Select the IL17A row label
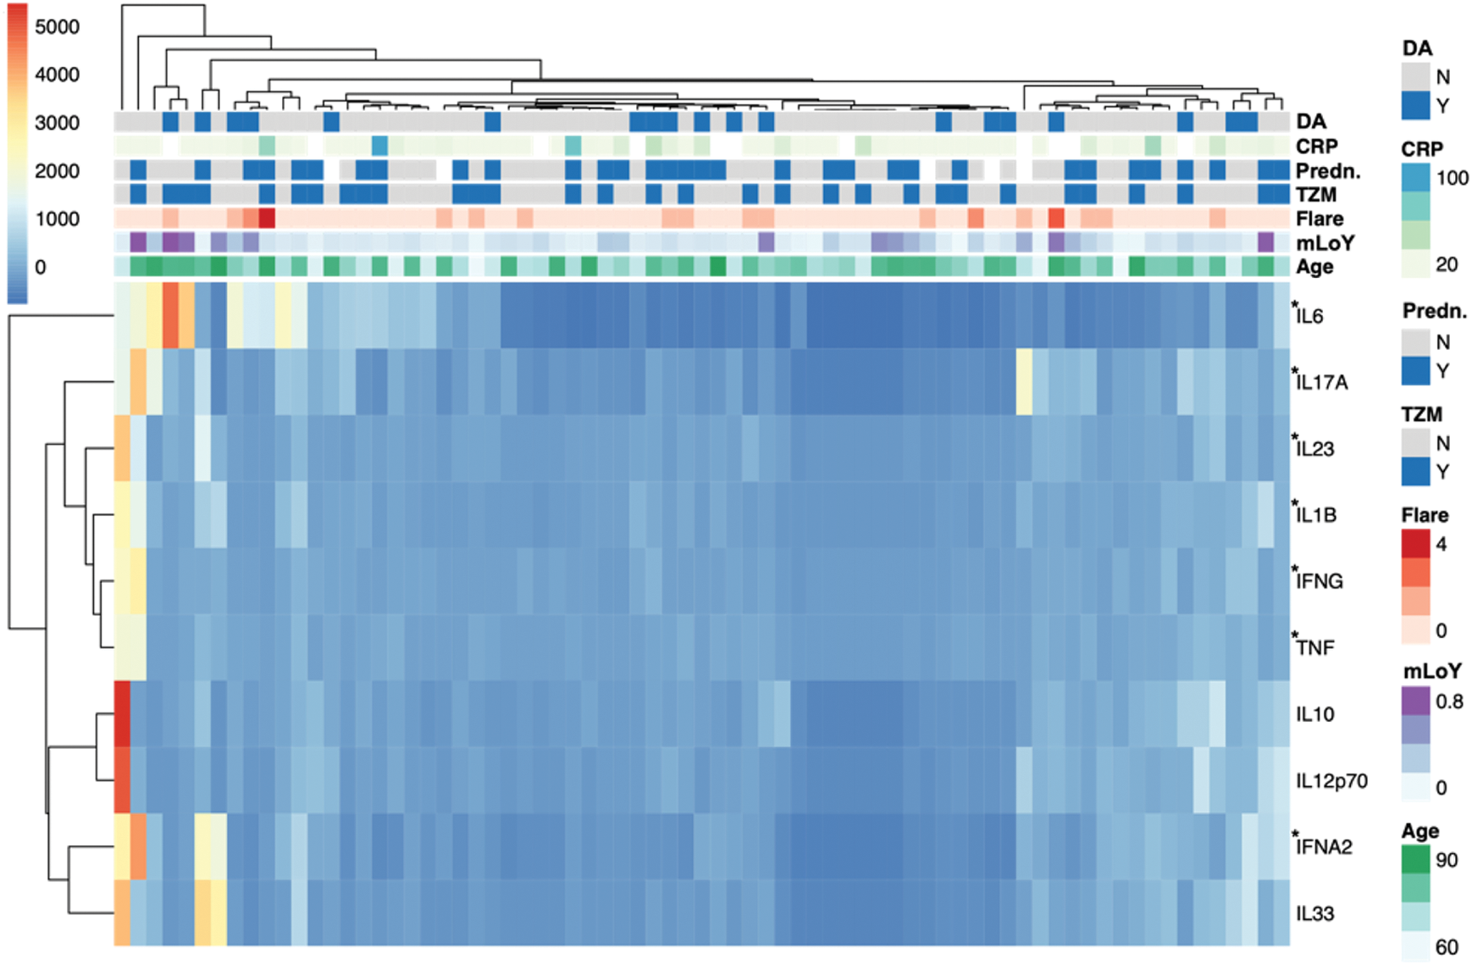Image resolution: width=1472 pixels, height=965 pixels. (x=1322, y=382)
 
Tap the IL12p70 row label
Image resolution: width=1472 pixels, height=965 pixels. (x=1331, y=781)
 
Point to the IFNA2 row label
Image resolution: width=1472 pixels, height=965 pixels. (x=1324, y=846)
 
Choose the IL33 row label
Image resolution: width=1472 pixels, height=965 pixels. (x=1314, y=913)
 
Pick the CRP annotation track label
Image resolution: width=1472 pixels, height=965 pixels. (x=1316, y=147)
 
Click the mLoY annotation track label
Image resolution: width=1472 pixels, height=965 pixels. (x=1325, y=243)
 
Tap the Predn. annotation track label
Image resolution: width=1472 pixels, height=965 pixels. (x=1328, y=171)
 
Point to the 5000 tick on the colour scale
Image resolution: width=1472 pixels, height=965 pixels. (x=58, y=27)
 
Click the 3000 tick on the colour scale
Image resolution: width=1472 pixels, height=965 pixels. (x=58, y=123)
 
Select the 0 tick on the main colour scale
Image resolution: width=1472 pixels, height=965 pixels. (x=41, y=267)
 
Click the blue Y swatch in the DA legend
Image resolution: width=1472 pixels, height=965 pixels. (x=1415, y=106)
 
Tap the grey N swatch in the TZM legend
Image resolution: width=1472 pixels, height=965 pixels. (x=1415, y=442)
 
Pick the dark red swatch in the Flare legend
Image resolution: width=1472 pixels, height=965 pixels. (x=1415, y=544)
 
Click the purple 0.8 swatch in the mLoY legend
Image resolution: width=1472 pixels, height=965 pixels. (x=1415, y=701)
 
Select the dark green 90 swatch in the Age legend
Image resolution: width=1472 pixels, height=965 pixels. (x=1415, y=860)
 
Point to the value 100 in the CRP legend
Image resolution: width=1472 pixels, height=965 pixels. (x=1452, y=178)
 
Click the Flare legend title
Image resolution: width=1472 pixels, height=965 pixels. (x=1425, y=515)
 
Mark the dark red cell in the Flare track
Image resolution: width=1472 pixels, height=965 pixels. (x=267, y=219)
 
